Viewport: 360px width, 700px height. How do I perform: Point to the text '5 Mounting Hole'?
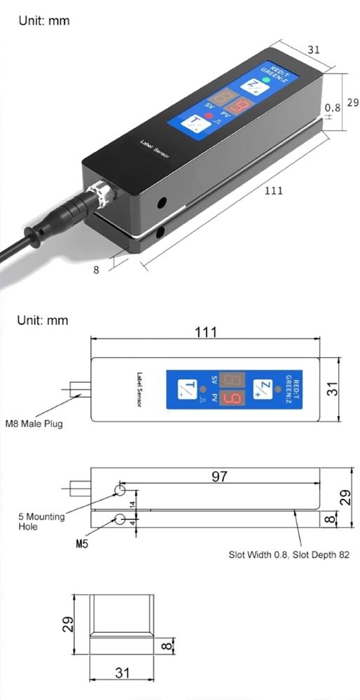pos(41,521)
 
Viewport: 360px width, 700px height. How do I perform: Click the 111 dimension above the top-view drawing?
pos(205,332)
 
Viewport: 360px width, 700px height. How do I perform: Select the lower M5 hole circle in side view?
pos(120,519)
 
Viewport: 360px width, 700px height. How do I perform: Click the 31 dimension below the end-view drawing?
pos(123,673)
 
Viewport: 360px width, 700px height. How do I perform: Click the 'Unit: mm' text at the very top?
pos(43,21)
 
